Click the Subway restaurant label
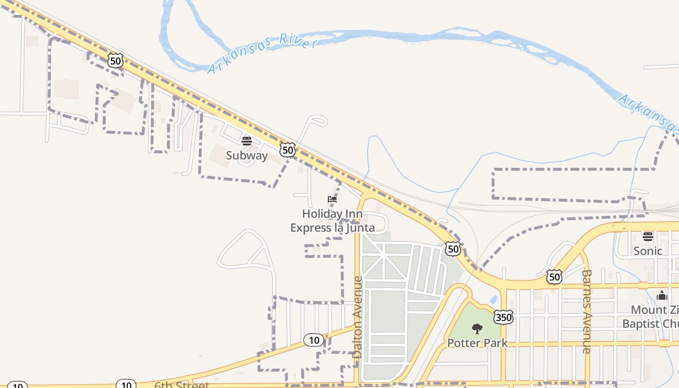click(x=247, y=155)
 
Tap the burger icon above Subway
click(x=247, y=141)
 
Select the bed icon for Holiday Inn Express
click(x=332, y=199)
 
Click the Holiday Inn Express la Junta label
click(x=332, y=221)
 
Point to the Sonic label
click(x=648, y=251)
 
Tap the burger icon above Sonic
click(x=648, y=237)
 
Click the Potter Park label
click(x=477, y=343)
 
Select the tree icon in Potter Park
click(x=477, y=329)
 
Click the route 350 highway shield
click(x=503, y=317)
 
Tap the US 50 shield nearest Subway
click(x=288, y=150)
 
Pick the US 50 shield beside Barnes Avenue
click(x=554, y=277)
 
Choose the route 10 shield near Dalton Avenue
click(x=314, y=340)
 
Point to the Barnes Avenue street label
click(x=586, y=311)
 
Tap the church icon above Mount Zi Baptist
click(x=662, y=295)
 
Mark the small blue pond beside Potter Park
click(x=493, y=300)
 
